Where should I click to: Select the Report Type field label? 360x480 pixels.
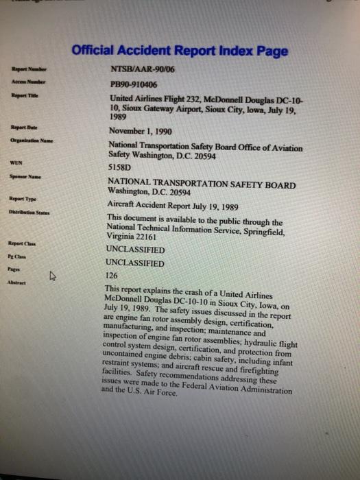21,200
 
